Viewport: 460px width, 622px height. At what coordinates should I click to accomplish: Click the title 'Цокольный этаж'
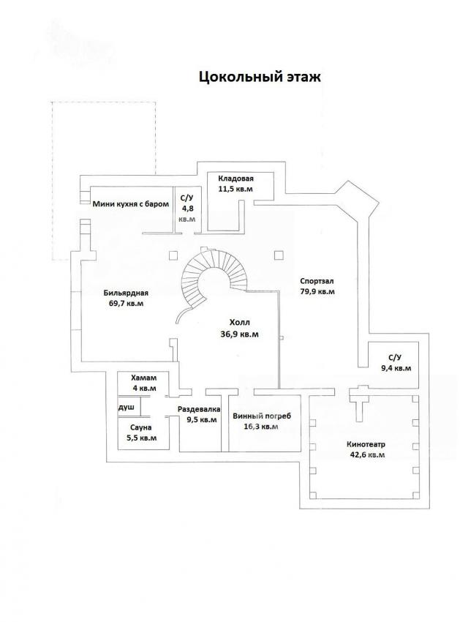(x=260, y=76)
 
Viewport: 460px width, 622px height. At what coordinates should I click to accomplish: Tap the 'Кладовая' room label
(x=235, y=179)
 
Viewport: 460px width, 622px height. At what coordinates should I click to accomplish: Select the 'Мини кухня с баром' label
(x=131, y=204)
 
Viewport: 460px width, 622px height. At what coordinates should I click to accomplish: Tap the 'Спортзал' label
(x=317, y=281)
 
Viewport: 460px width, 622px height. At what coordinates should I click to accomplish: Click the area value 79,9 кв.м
(x=317, y=291)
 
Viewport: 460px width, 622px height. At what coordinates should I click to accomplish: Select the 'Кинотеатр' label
(x=366, y=444)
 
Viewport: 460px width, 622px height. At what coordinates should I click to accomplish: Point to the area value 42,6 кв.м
(x=366, y=454)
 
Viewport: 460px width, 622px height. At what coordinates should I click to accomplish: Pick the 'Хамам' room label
(x=143, y=378)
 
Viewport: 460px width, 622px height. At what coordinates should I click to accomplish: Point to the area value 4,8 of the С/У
(x=186, y=208)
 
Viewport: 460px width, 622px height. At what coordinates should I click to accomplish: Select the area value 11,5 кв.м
(x=235, y=189)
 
